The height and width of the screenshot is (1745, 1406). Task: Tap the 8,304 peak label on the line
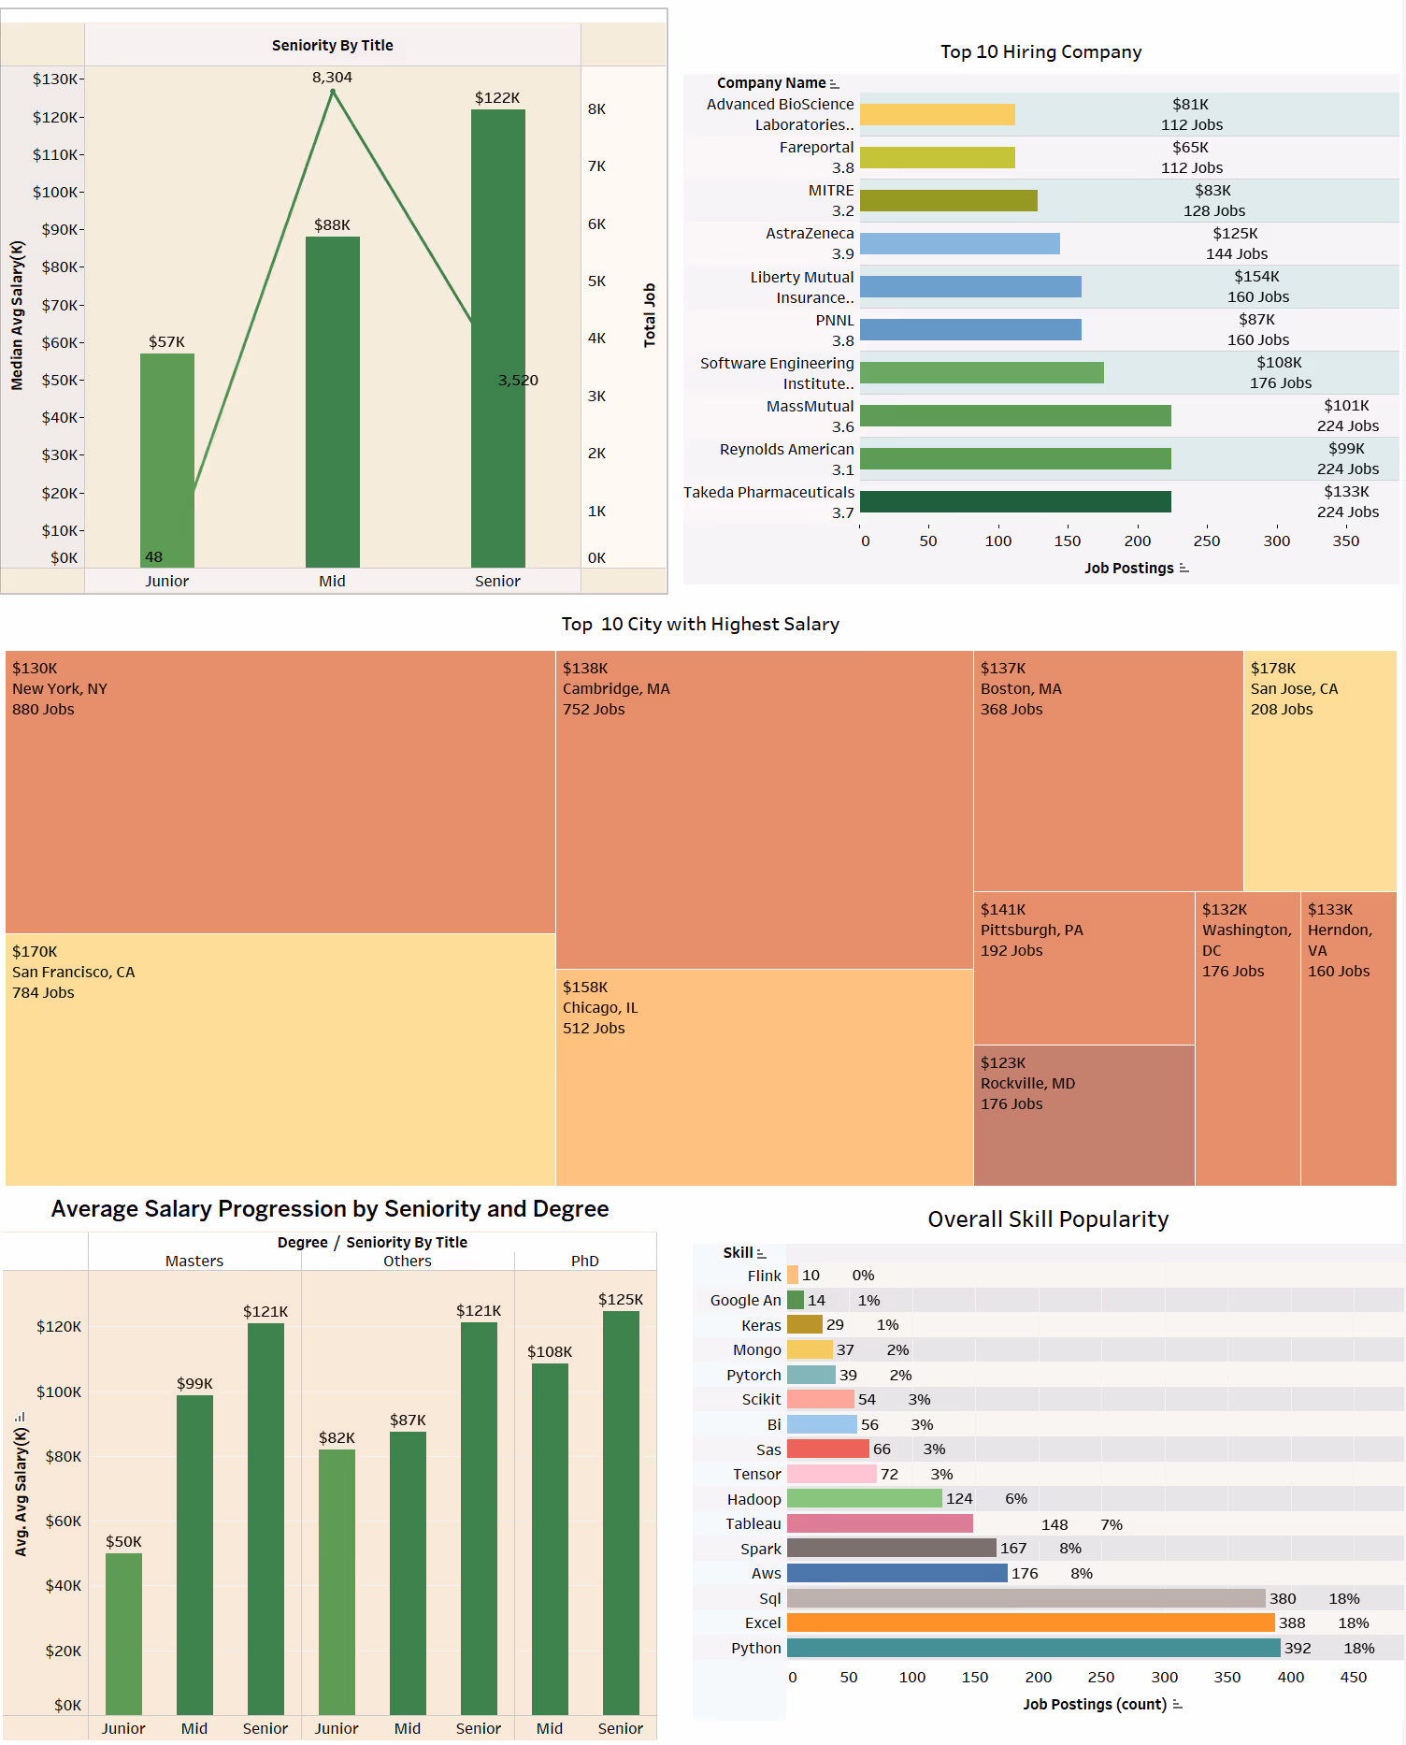[332, 78]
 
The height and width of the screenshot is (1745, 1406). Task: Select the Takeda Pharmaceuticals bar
[1015, 502]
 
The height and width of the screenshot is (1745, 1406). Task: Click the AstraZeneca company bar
[959, 244]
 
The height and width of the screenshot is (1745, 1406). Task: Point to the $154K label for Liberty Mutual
[1256, 277]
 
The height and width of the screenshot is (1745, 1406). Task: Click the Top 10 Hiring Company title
[1040, 52]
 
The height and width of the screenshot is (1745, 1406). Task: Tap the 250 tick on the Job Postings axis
[1207, 541]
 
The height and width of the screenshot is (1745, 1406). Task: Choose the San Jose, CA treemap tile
[1319, 771]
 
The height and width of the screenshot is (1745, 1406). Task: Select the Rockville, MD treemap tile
[1083, 1115]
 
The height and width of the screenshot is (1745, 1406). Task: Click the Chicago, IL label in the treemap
[600, 1008]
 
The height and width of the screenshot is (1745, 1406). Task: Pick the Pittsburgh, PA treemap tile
[1083, 968]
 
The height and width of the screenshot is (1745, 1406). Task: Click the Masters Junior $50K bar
[123, 1633]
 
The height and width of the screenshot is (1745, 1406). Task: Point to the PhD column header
[585, 1262]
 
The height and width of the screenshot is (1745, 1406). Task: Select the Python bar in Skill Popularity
[1033, 1648]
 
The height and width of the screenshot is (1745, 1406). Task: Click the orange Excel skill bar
[1030, 1623]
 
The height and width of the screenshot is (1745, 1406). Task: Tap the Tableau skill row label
[753, 1524]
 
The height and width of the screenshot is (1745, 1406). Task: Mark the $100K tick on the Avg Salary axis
[59, 1392]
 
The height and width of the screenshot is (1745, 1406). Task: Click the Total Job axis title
[650, 315]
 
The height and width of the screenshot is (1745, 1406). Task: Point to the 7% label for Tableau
[1112, 1525]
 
